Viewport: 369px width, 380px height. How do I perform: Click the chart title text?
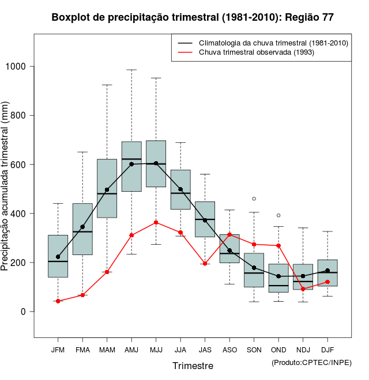pyautogui.click(x=193, y=17)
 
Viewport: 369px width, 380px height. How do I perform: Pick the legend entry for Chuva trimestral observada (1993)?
pyautogui.click(x=257, y=52)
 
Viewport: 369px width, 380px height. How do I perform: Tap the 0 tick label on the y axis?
pyautogui.click(x=23, y=311)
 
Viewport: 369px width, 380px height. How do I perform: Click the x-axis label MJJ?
pyautogui.click(x=156, y=349)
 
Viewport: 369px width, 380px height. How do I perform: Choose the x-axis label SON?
pyautogui.click(x=254, y=349)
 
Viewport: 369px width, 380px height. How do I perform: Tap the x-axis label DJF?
pyautogui.click(x=327, y=349)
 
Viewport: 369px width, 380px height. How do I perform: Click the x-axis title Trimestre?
pyautogui.click(x=193, y=366)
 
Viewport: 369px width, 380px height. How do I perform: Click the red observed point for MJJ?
pyautogui.click(x=156, y=222)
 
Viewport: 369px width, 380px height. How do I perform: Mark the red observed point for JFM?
pyautogui.click(x=58, y=301)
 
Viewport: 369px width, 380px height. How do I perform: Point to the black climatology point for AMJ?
pyautogui.click(x=131, y=164)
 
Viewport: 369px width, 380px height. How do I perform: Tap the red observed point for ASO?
pyautogui.click(x=229, y=234)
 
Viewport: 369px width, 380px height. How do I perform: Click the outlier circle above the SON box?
pyautogui.click(x=254, y=199)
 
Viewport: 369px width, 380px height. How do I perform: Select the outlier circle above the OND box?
pyautogui.click(x=278, y=215)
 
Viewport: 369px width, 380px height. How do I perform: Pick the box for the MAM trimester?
pyautogui.click(x=107, y=188)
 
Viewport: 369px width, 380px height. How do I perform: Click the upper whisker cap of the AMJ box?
pyautogui.click(x=131, y=70)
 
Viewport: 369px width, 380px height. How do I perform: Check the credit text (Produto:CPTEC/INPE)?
pyautogui.click(x=311, y=362)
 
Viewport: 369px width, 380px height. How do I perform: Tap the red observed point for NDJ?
pyautogui.click(x=303, y=288)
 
